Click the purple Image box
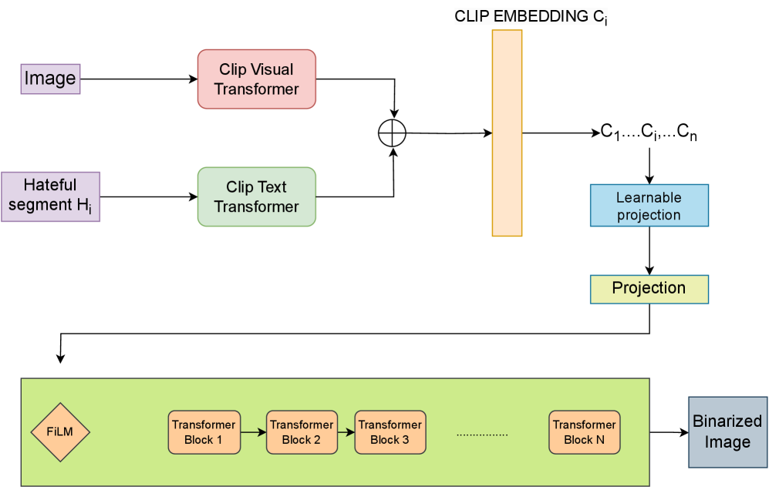(x=50, y=79)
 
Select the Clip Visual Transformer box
(x=257, y=79)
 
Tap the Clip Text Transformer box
(x=257, y=197)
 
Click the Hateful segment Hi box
(x=50, y=196)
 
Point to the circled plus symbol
(x=392, y=133)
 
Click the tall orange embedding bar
(x=507, y=133)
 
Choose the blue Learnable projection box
(x=649, y=206)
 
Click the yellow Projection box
(x=649, y=289)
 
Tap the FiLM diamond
(x=60, y=432)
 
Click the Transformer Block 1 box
(x=204, y=432)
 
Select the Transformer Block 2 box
(x=302, y=432)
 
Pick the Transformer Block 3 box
(x=390, y=432)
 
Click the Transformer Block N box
(x=585, y=432)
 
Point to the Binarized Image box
(x=727, y=432)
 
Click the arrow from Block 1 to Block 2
(x=253, y=432)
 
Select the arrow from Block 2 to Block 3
(x=346, y=432)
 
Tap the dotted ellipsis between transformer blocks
(x=482, y=435)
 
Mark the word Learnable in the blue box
(x=649, y=198)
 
